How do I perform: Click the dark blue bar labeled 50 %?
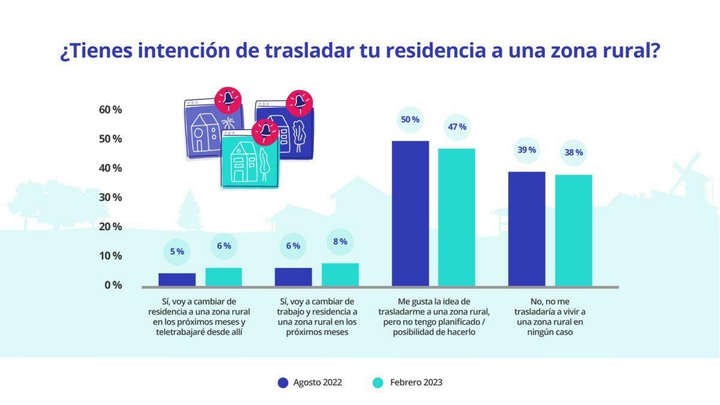[x=410, y=213]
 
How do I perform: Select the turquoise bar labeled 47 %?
[x=457, y=217]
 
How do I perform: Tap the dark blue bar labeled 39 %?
[x=526, y=229]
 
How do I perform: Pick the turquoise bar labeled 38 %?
[x=573, y=230]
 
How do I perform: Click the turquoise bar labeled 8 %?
[x=340, y=274]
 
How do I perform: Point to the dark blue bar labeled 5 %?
[x=177, y=279]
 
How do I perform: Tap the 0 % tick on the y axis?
[x=112, y=285]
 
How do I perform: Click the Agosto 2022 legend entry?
[x=310, y=382]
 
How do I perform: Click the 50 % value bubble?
[x=410, y=120]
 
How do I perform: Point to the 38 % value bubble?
[x=573, y=152]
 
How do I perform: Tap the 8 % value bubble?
[x=340, y=241]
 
